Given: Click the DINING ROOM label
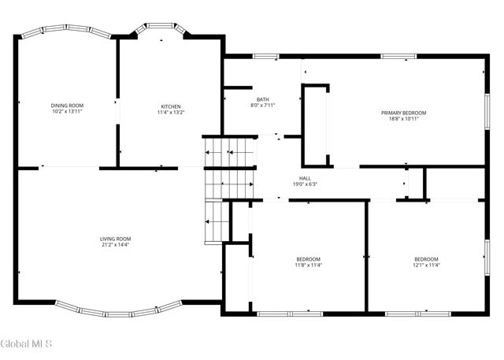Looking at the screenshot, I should click(67, 106).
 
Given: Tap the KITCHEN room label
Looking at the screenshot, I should click(171, 106).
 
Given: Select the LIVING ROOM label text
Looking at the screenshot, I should click(115, 239).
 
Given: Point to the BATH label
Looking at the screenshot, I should click(262, 99).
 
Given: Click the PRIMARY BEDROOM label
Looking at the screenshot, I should click(403, 113).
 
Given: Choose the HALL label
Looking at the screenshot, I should click(305, 178).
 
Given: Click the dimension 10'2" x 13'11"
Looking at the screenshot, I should click(67, 112).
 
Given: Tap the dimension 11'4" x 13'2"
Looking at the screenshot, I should click(171, 113).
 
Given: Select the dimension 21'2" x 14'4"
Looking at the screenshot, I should click(115, 245).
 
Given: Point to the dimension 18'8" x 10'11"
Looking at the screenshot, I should click(403, 119).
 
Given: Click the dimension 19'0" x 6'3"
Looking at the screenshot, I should click(305, 184).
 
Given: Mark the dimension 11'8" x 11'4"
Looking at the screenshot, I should click(309, 265).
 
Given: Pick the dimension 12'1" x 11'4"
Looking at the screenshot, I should click(427, 265).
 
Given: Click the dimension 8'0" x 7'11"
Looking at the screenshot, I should click(262, 106).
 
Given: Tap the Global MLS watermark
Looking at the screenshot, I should click(26, 343).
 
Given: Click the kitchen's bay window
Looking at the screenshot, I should click(161, 28).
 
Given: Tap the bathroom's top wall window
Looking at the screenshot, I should click(265, 56).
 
